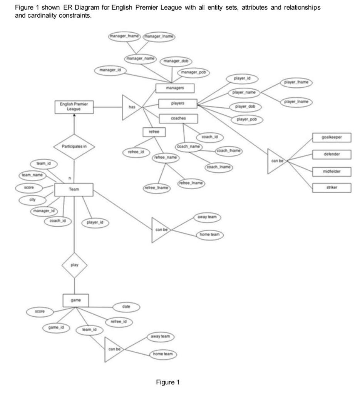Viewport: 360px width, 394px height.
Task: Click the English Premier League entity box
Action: pyautogui.click(x=74, y=107)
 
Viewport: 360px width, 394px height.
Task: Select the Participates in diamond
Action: pyautogui.click(x=74, y=147)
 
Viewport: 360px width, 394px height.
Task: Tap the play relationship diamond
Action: pyautogui.click(x=74, y=265)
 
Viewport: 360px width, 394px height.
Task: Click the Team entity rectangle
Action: pyautogui.click(x=74, y=189)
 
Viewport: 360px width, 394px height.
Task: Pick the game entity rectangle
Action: pyautogui.click(x=75, y=300)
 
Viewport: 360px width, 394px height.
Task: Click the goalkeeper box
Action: pyautogui.click(x=331, y=137)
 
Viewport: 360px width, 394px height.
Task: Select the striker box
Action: pyautogui.click(x=331, y=187)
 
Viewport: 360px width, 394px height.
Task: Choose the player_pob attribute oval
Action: pyautogui.click(x=247, y=120)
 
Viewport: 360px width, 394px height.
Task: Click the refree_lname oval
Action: pyautogui.click(x=191, y=184)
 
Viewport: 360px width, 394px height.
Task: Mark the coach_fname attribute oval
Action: pyautogui.click(x=229, y=151)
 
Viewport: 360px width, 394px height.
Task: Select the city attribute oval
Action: pyautogui.click(x=32, y=200)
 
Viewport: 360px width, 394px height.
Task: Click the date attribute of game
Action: pyautogui.click(x=126, y=307)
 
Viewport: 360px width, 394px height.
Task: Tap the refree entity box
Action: pyautogui.click(x=149, y=132)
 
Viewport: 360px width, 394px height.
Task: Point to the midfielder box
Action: pyautogui.click(x=331, y=171)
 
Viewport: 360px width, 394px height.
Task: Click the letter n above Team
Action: pyautogui.click(x=69, y=178)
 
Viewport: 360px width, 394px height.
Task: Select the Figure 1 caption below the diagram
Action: pyautogui.click(x=167, y=382)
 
